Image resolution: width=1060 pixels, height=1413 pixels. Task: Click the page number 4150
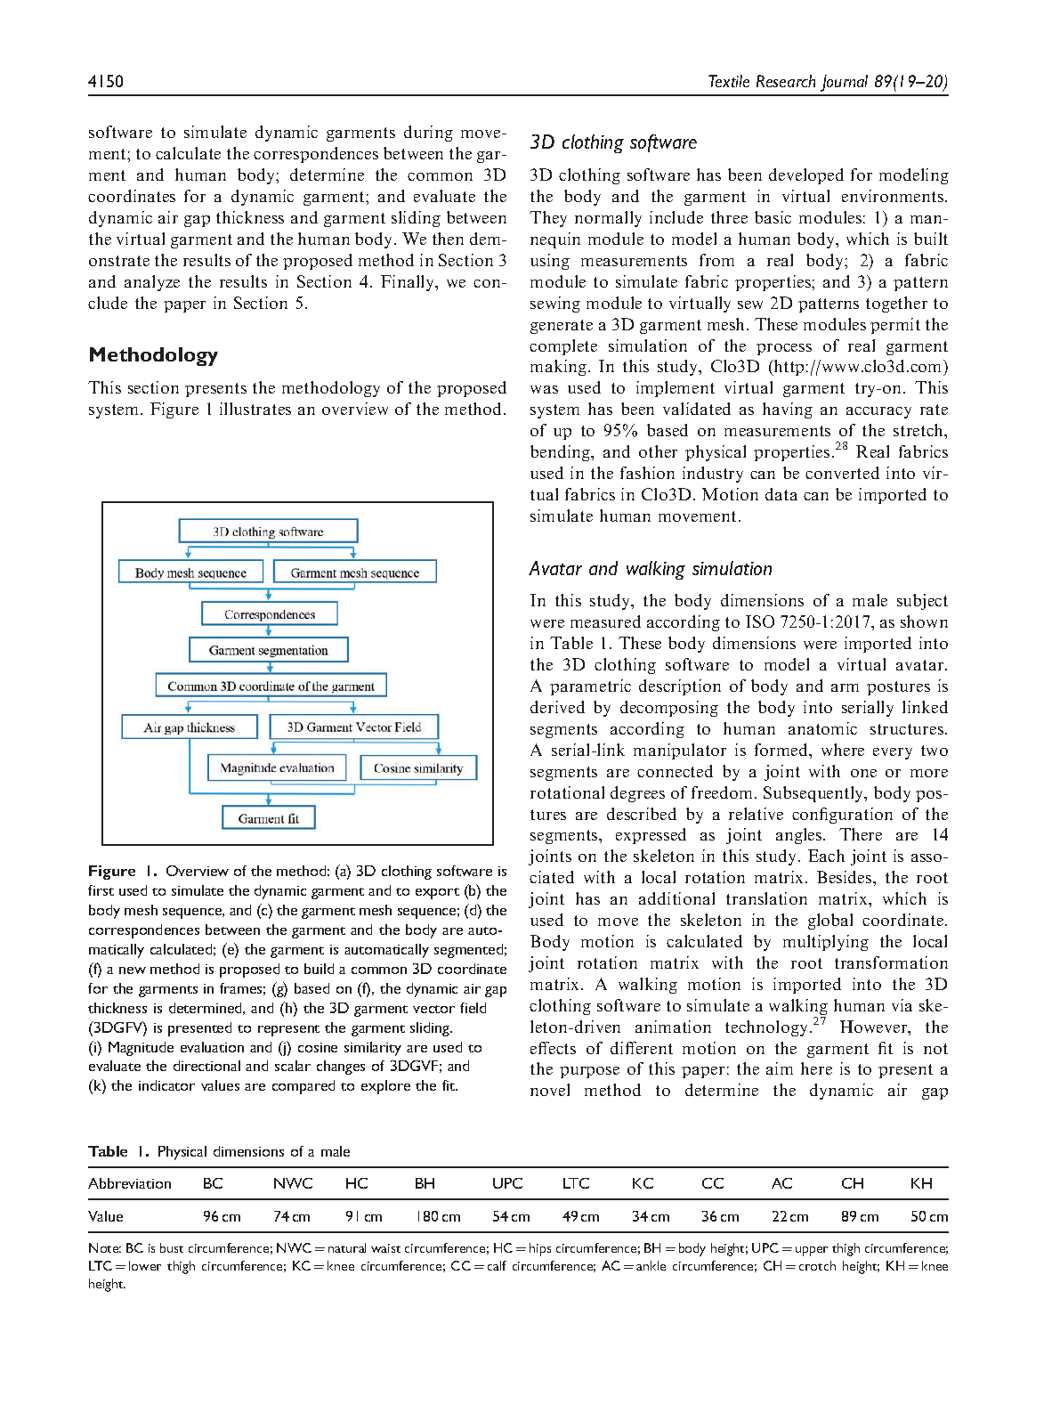click(106, 82)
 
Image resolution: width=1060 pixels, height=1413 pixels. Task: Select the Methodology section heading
click(153, 355)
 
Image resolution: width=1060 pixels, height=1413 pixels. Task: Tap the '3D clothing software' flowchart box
click(268, 532)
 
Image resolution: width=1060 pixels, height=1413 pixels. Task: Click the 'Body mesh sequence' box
click(190, 573)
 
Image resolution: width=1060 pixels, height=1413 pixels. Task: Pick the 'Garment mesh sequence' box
click(354, 573)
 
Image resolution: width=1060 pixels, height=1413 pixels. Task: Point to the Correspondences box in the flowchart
click(270, 614)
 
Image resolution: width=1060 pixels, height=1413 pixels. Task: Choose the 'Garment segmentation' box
click(268, 650)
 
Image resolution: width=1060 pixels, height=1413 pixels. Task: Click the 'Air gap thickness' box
click(190, 727)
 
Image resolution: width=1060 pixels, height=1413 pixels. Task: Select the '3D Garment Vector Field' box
click(353, 727)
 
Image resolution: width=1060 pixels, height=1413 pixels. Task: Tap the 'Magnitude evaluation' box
click(277, 767)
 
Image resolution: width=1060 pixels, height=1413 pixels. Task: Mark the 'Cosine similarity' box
click(418, 767)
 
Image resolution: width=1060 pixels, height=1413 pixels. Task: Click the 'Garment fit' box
click(268, 818)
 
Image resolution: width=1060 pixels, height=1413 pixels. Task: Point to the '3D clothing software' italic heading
click(613, 142)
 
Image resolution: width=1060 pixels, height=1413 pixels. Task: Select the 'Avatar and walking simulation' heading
click(651, 569)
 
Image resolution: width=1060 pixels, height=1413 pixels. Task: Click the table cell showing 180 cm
click(439, 1217)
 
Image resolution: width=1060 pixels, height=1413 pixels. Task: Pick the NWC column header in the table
click(293, 1183)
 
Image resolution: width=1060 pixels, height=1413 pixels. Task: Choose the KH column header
click(921, 1183)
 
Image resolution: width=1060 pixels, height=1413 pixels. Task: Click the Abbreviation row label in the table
click(130, 1183)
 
